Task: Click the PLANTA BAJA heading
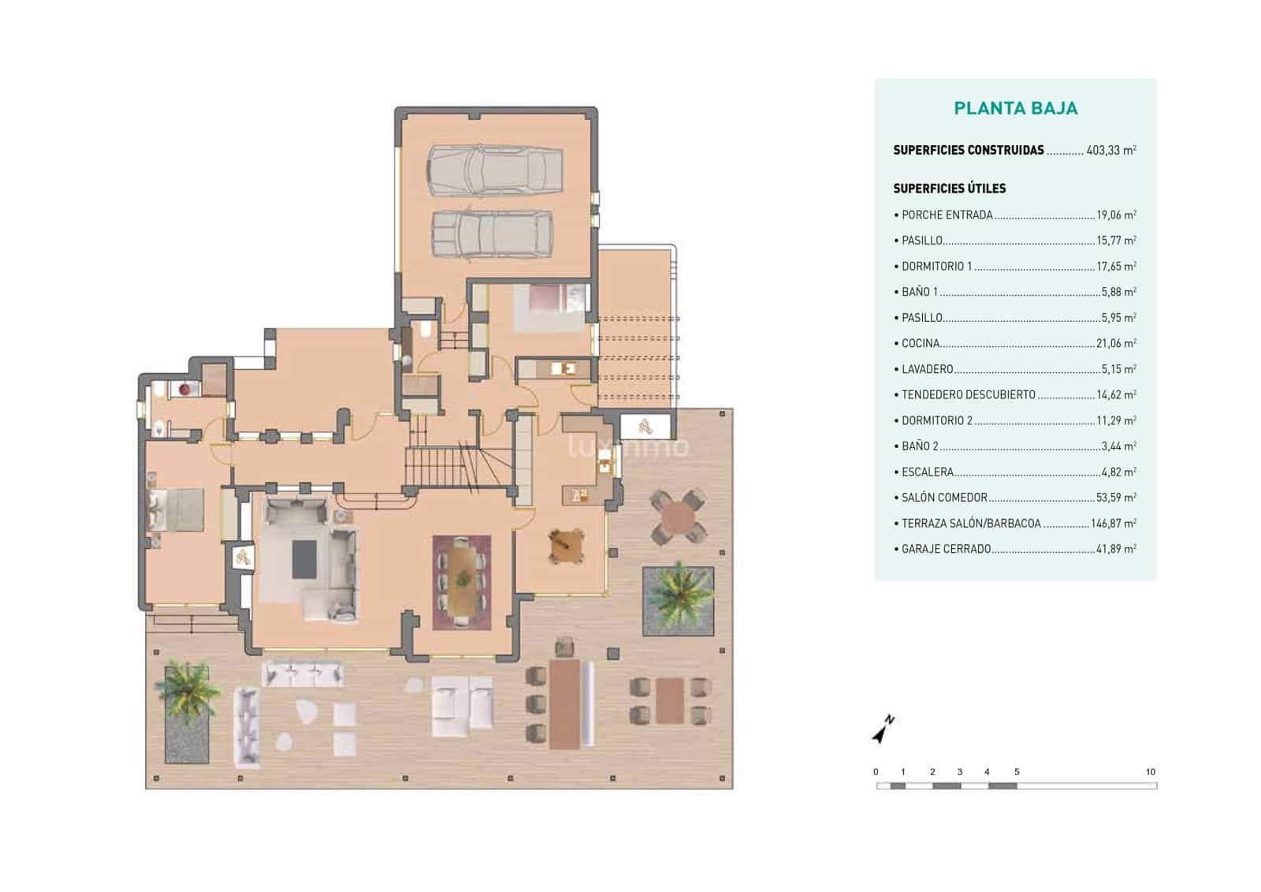point(1015,109)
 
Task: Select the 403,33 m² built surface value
point(1110,150)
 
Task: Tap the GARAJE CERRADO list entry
point(946,549)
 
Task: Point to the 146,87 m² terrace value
point(1113,523)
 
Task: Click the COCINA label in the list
point(921,343)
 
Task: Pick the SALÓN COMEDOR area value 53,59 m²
point(1115,498)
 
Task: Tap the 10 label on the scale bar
point(1150,772)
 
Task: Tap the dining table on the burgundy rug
point(462,582)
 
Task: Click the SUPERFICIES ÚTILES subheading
point(949,188)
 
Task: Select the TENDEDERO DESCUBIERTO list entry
point(968,394)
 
